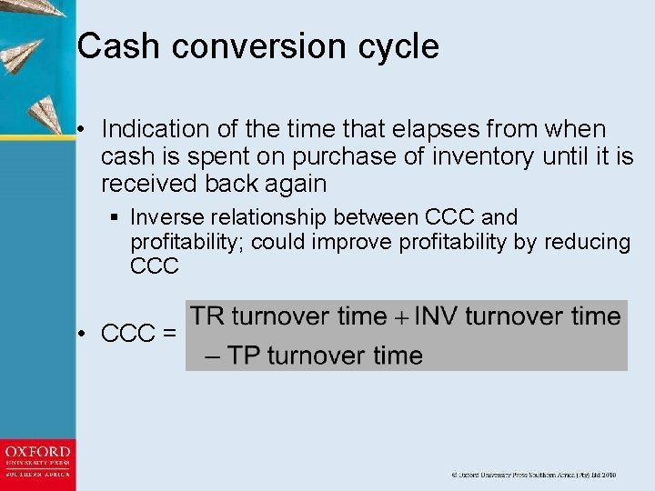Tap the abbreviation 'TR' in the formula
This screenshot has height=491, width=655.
pyautogui.click(x=207, y=316)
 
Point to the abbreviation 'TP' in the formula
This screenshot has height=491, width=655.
pyautogui.click(x=245, y=355)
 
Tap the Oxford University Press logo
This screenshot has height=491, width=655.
pyautogui.click(x=37, y=463)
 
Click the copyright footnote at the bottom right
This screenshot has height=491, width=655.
pyautogui.click(x=535, y=475)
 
